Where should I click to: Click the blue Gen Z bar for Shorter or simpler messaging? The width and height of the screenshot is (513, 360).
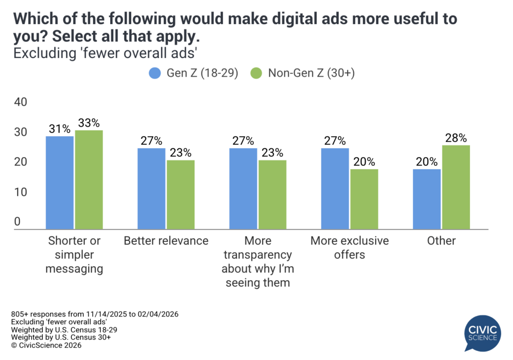(x=60, y=182)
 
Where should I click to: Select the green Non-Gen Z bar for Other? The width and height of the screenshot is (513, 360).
(x=456, y=187)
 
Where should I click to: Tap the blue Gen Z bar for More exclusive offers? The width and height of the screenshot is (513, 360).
(x=335, y=188)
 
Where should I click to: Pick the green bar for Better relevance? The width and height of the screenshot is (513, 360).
(x=180, y=194)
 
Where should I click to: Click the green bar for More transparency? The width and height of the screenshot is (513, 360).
(x=272, y=194)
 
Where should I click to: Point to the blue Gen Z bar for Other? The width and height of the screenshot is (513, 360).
(x=427, y=199)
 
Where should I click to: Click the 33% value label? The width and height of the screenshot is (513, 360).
(x=89, y=123)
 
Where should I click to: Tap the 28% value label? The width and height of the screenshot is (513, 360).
(x=456, y=138)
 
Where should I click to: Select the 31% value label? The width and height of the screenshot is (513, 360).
(x=60, y=129)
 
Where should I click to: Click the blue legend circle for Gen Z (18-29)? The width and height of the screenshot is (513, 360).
(x=154, y=73)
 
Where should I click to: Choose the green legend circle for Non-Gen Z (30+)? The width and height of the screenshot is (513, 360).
(x=256, y=73)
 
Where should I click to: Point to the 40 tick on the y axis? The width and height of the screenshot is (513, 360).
(x=20, y=102)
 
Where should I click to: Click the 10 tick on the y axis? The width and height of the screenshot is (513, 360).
(x=20, y=192)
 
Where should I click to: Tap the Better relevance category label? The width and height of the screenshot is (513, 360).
(x=166, y=241)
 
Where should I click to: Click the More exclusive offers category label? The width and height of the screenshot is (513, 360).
(x=350, y=247)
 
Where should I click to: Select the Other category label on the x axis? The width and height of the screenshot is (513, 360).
(x=441, y=241)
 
